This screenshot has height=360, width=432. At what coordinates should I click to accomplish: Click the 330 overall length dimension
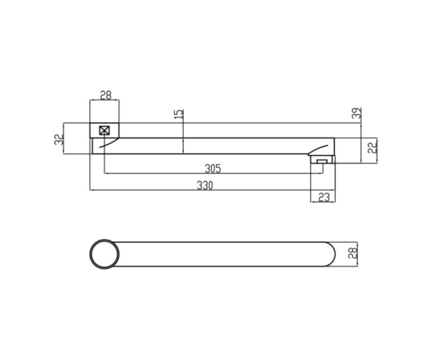coord(204,185)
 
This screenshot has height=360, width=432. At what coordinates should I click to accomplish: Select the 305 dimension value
coord(213,168)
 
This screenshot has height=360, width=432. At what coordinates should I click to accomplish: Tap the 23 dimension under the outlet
coord(324,197)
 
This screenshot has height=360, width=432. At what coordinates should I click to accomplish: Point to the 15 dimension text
coord(179,114)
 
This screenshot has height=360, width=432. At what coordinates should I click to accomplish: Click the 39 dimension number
coord(356,113)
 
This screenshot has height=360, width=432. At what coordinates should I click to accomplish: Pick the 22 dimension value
coord(372,148)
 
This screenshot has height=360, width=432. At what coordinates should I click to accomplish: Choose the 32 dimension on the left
coord(59,140)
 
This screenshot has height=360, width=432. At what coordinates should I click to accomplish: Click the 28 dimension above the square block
coord(106,95)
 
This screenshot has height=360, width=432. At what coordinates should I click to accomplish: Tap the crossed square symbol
coord(104,131)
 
